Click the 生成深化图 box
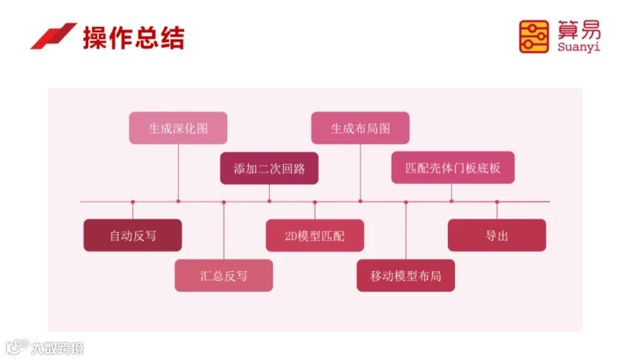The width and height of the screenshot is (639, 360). click(178, 129)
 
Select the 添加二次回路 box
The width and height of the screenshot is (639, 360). click(269, 169)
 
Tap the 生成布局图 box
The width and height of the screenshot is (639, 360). click(360, 129)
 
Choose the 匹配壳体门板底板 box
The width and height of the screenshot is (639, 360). click(452, 168)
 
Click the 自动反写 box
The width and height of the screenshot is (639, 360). click(133, 235)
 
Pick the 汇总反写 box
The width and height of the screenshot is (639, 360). click(224, 276)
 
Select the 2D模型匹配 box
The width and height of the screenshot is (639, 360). click(315, 236)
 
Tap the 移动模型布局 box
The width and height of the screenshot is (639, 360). click(405, 276)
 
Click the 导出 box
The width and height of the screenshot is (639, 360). click(496, 235)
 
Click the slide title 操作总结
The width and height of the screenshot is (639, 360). click(133, 38)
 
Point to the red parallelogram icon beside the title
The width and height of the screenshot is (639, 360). click(53, 36)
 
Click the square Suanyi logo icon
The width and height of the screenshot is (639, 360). click(534, 36)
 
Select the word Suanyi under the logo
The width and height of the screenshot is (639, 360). click(579, 48)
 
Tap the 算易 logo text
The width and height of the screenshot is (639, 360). click(579, 30)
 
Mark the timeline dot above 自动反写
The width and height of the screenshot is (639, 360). click(133, 202)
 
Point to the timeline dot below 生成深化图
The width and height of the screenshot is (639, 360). click(178, 202)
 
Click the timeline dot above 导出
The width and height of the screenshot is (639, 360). click(496, 202)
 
